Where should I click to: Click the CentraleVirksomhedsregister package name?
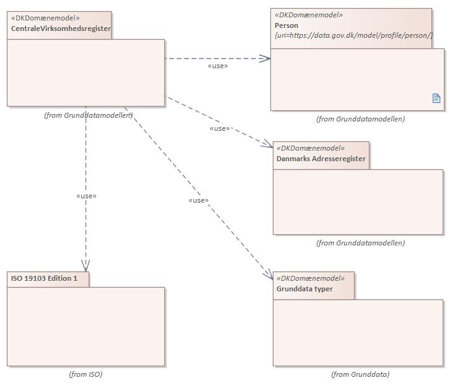coord(61,29)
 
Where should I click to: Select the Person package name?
coord(286,25)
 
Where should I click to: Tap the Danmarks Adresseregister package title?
coord(321,159)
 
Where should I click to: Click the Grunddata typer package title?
coord(304,289)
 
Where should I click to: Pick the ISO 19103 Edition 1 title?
coord(45,278)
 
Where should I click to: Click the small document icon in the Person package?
coord(436,98)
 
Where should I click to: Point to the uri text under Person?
coord(353,35)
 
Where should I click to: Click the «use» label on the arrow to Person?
coord(218,66)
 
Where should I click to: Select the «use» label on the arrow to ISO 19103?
coord(86,196)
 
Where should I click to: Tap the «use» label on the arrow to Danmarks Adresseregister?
coord(220,128)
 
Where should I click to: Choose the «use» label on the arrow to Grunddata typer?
coord(198,200)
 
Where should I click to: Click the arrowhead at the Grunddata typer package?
coord(269,276)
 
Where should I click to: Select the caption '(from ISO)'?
coord(86,374)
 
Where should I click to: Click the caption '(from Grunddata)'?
coord(360,374)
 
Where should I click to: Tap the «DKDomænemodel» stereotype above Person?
coord(308,15)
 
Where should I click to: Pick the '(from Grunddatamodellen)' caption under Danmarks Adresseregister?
coord(360,243)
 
